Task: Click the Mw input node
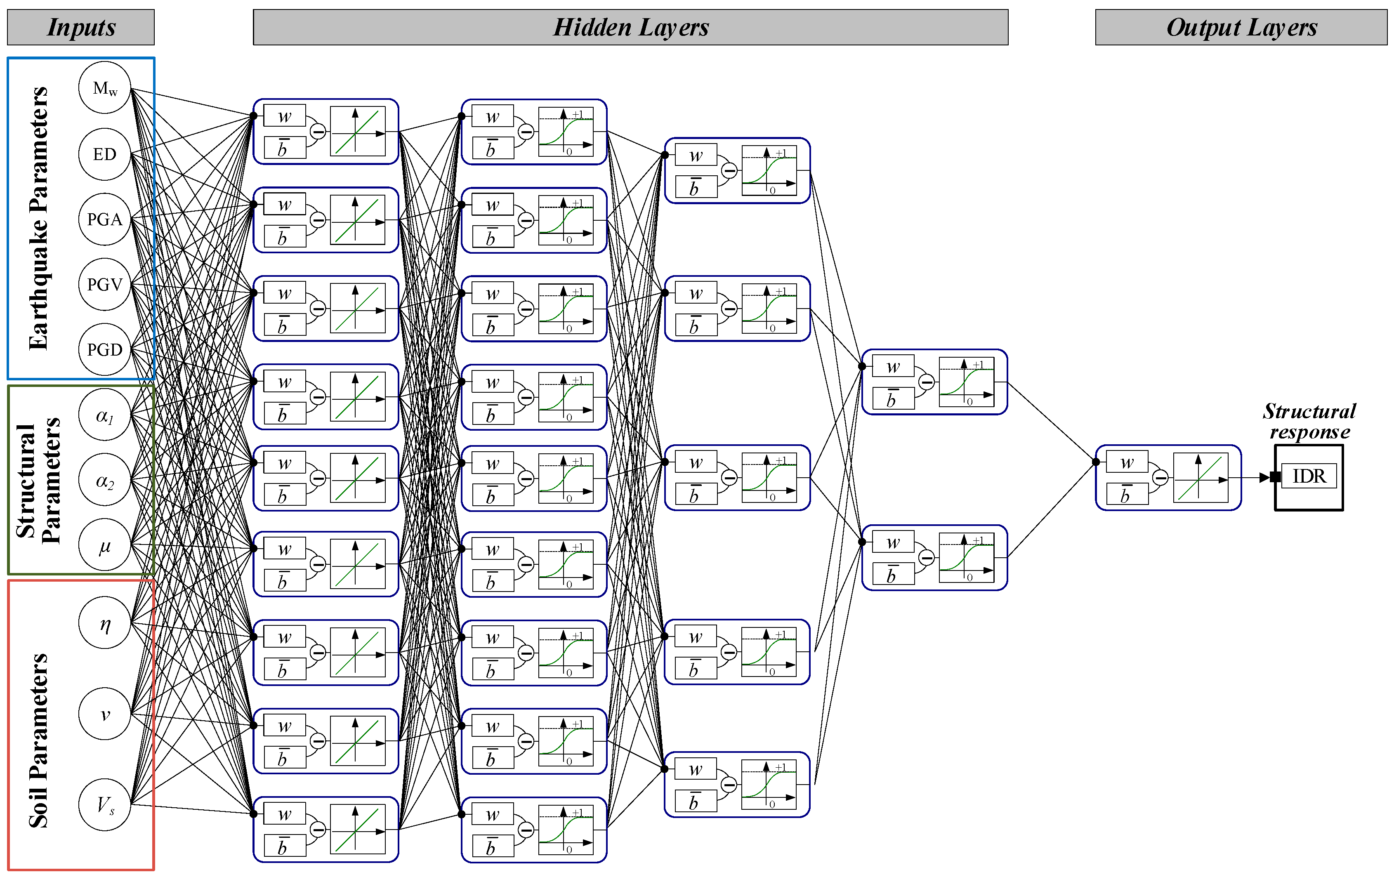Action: coord(105,88)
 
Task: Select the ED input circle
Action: coord(105,154)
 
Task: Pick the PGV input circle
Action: coord(105,284)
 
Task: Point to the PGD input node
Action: coord(105,349)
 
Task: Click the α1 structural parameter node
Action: coord(105,415)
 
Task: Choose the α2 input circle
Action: coord(105,480)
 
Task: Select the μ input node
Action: coord(105,545)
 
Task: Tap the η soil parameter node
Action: coord(105,623)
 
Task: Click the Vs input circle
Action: coord(105,805)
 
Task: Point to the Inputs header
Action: coord(81,27)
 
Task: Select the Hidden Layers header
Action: coord(630,27)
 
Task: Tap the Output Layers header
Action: coord(1241,27)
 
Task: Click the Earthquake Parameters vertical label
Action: coord(38,218)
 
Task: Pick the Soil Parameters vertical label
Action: coord(38,740)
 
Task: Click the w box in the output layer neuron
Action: coord(1127,462)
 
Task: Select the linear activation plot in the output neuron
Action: coord(1201,478)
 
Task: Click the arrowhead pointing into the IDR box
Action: coord(1265,478)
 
